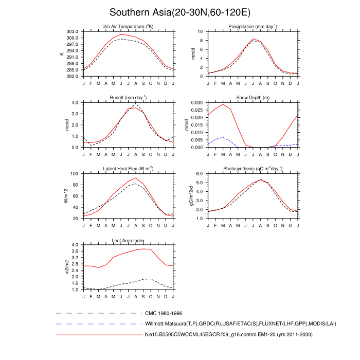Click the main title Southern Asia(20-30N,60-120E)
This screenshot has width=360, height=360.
coord(179,12)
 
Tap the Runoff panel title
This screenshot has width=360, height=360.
coord(128,98)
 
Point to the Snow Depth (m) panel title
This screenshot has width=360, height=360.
coord(253,98)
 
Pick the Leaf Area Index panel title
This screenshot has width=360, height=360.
coord(128,240)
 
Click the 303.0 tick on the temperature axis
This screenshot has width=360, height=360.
coord(73,31)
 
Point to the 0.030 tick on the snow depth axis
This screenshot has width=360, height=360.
coord(195,102)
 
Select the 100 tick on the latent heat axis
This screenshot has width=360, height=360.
coord(74,174)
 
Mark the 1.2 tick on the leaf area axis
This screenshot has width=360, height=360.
coord(75,290)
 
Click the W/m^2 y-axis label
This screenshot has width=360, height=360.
coord(65,196)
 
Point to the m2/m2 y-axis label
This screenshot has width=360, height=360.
coord(65,267)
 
